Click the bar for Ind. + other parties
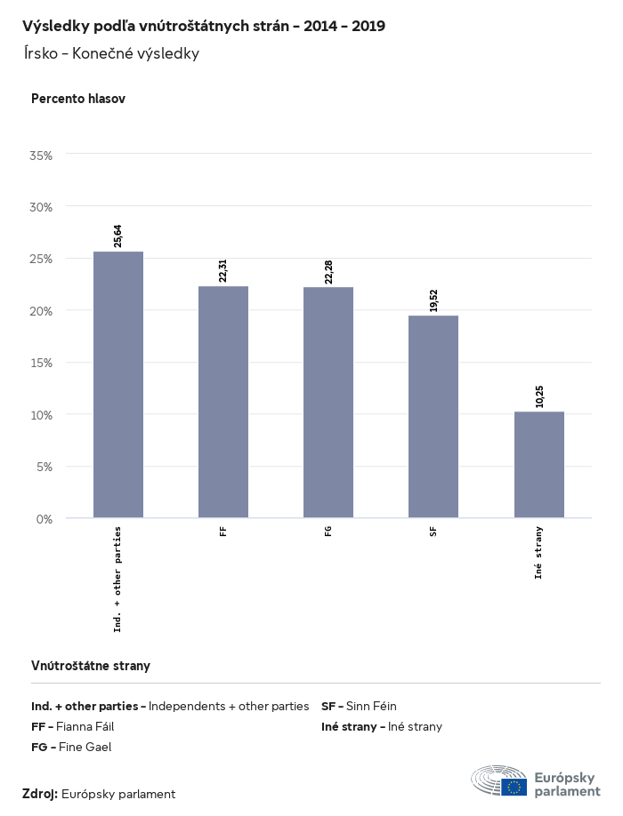pyautogui.click(x=118, y=384)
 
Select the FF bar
pyautogui.click(x=223, y=402)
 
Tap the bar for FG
pyautogui.click(x=328, y=402)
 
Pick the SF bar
pyautogui.click(x=433, y=416)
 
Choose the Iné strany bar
pyautogui.click(x=539, y=464)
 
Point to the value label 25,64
pyautogui.click(x=118, y=236)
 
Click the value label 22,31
pyautogui.click(x=223, y=270)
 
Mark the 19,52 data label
pyautogui.click(x=433, y=300)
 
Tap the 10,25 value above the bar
pyautogui.click(x=539, y=396)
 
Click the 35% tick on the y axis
pyautogui.click(x=42, y=155)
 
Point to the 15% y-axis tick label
pyautogui.click(x=42, y=363)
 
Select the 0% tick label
pyautogui.click(x=44, y=518)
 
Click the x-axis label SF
pyautogui.click(x=433, y=532)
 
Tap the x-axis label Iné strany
pyautogui.click(x=539, y=553)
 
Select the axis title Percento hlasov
pyautogui.click(x=78, y=99)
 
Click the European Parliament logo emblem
pyautogui.click(x=499, y=780)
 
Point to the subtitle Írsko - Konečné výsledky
pyautogui.click(x=111, y=53)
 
